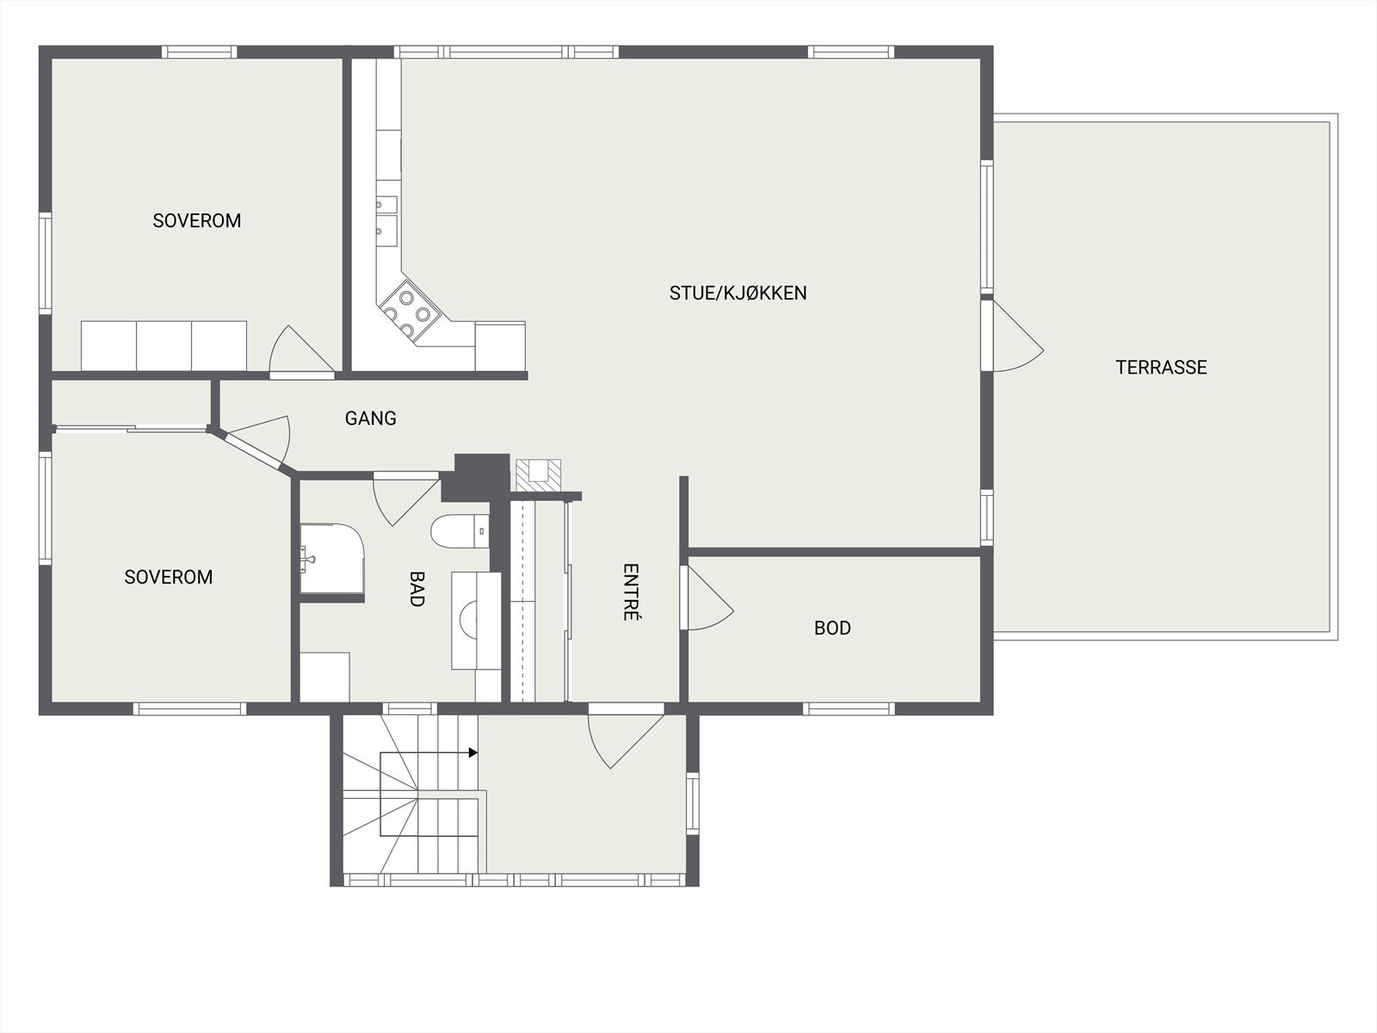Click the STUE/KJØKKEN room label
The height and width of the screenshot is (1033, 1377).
coord(738,293)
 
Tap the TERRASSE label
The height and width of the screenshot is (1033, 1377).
coord(1161,368)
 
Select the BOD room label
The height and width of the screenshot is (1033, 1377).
coord(832,628)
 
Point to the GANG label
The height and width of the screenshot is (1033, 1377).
coord(370,418)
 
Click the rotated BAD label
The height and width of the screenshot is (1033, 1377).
coord(417,589)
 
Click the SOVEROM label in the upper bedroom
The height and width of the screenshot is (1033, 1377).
coord(196,220)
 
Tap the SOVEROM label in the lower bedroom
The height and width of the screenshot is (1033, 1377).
coord(168,577)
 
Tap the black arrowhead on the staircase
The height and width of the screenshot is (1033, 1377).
coord(472,753)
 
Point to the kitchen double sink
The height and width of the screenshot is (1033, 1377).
coord(386,217)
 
